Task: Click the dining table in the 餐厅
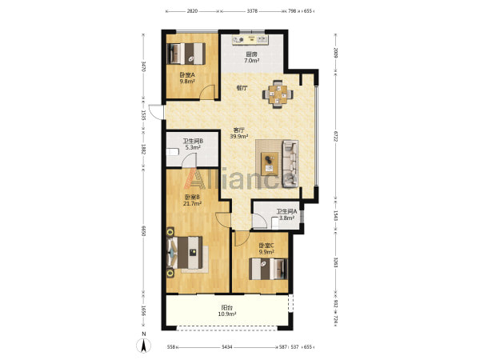click(278, 94)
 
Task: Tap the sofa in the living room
click(290, 164)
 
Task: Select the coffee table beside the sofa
click(270, 163)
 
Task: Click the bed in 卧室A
click(186, 54)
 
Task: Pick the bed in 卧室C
click(268, 269)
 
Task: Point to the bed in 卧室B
click(185, 252)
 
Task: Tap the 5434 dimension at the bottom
click(227, 347)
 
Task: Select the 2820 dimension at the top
click(192, 11)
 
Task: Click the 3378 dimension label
click(252, 11)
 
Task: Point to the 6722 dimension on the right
click(335, 136)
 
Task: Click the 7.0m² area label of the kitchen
click(252, 61)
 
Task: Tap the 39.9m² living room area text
click(239, 137)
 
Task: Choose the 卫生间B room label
click(193, 142)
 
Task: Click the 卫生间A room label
click(287, 211)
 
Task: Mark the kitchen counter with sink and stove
click(250, 40)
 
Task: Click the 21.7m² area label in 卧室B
click(192, 203)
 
